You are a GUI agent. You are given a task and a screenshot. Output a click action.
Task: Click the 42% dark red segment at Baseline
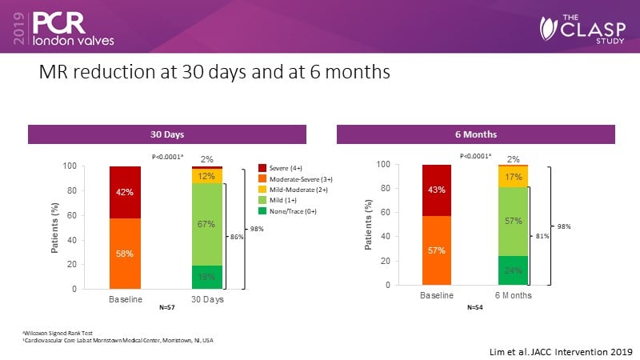[x=125, y=192]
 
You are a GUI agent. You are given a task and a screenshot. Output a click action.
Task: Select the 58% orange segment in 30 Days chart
[x=125, y=253]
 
